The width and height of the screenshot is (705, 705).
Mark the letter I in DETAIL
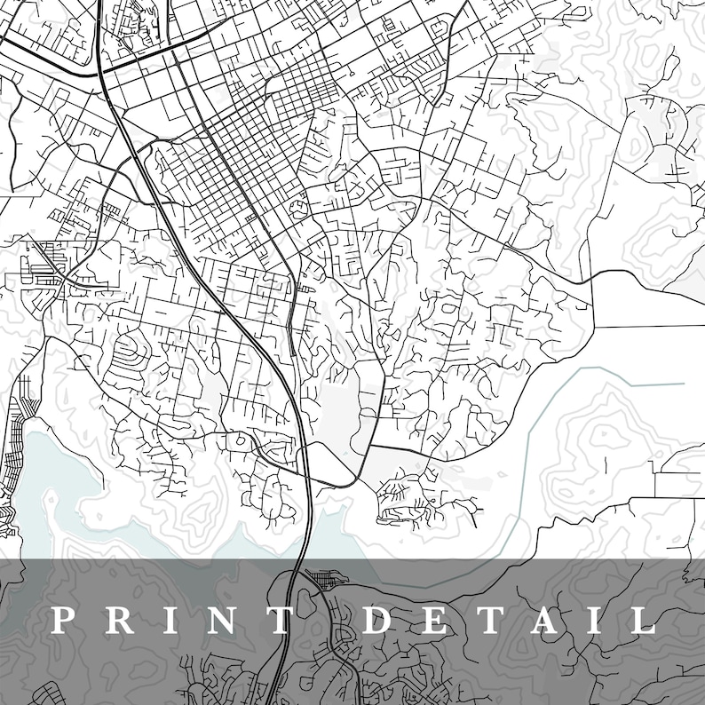pyautogui.click(x=591, y=619)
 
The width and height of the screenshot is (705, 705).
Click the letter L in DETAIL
pyautogui.click(x=641, y=619)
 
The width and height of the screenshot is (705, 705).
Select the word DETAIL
pyautogui.click(x=510, y=619)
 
